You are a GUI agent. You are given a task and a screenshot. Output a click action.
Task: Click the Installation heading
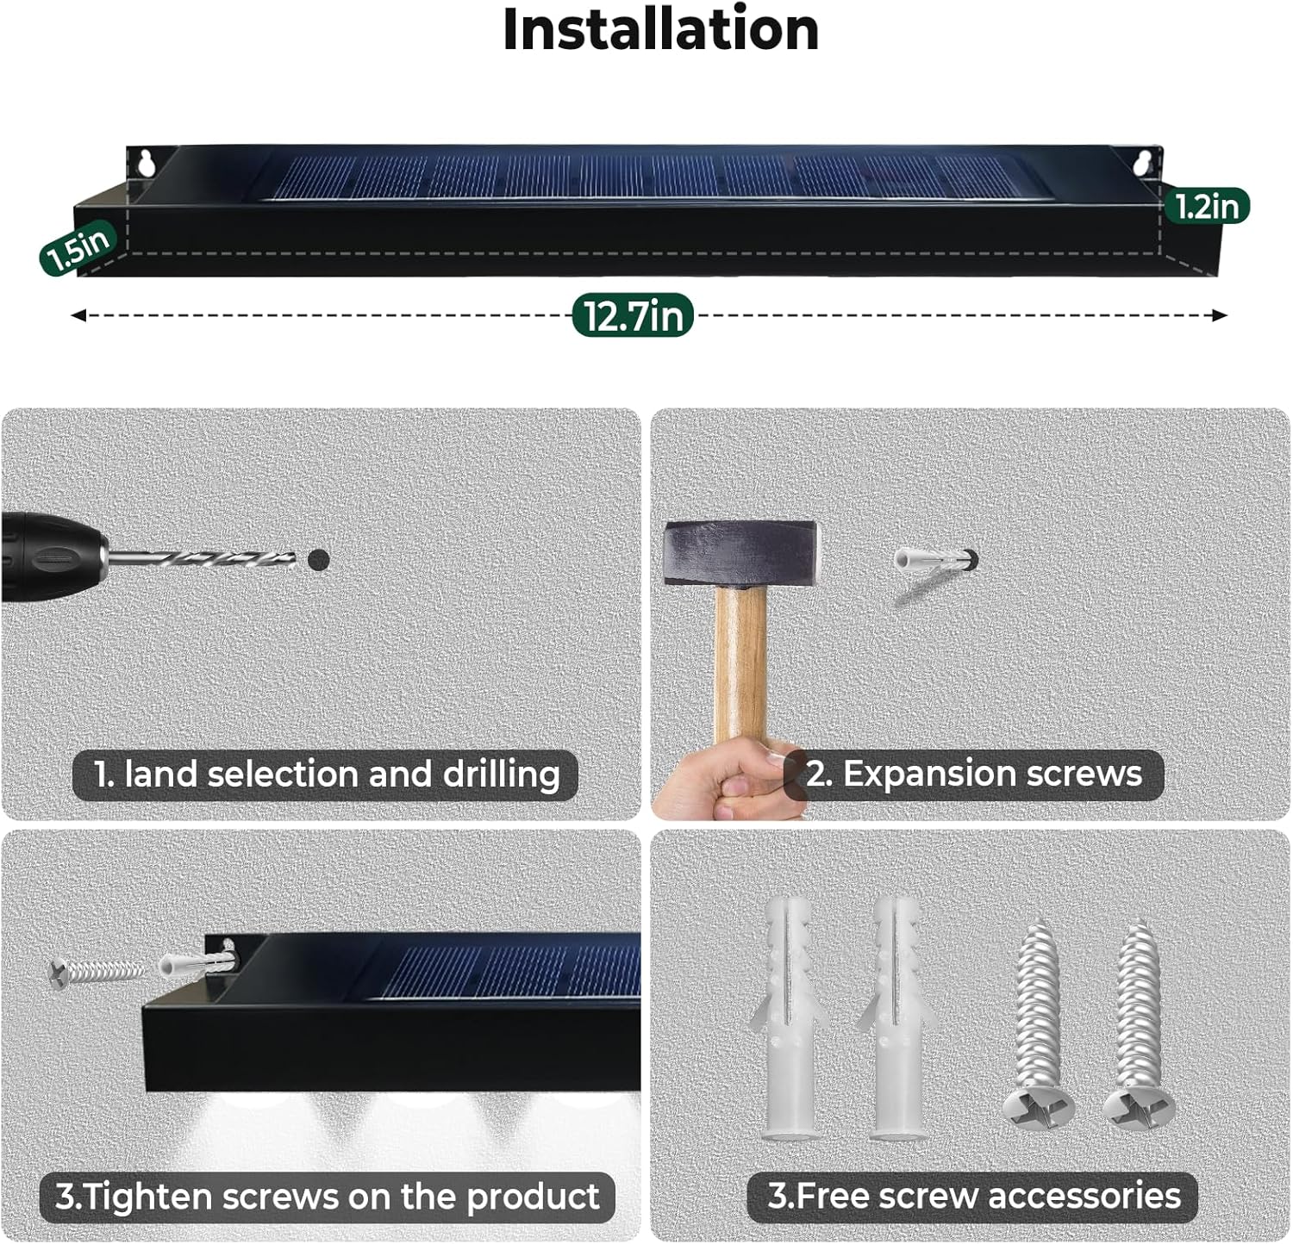(x=660, y=30)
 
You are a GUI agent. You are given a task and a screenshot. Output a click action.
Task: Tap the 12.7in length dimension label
(x=634, y=315)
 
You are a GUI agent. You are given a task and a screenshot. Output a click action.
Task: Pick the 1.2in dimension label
(x=1207, y=206)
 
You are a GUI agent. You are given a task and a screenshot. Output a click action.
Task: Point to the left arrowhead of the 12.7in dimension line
(x=78, y=315)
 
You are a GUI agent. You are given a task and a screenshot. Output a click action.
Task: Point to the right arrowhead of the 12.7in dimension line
(x=1220, y=315)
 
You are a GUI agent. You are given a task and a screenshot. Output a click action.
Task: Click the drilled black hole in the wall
(x=319, y=560)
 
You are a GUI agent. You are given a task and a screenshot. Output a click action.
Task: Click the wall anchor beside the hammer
(x=935, y=562)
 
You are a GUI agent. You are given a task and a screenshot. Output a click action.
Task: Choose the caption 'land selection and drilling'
(x=325, y=774)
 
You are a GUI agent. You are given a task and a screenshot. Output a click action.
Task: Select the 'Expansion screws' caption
(x=974, y=774)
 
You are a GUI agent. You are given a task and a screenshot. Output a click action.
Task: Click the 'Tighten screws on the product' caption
(x=328, y=1197)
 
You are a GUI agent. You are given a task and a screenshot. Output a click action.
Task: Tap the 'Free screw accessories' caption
(x=973, y=1196)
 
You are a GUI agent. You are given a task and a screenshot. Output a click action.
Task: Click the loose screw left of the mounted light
(x=97, y=973)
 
